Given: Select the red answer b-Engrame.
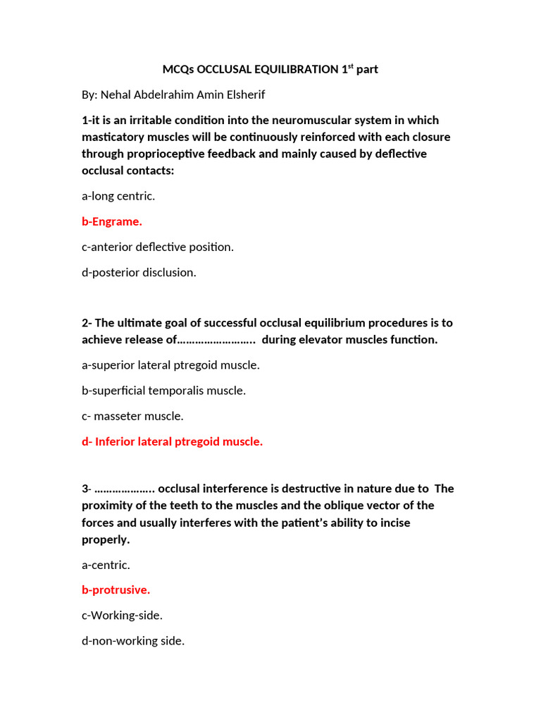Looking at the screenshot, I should click(112, 221).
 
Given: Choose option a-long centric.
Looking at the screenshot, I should click(118, 196).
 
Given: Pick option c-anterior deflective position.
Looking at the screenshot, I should click(158, 247).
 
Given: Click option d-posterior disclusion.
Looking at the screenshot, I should click(139, 272).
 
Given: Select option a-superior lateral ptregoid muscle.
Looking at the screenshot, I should click(171, 365).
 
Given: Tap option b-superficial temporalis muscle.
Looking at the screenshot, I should click(164, 391).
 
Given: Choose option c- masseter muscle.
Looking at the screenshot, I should click(133, 416).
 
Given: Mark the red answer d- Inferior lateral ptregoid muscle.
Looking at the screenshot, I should click(173, 441).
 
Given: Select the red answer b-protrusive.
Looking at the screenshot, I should click(116, 590).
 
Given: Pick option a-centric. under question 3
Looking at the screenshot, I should click(106, 565).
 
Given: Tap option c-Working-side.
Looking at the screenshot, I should click(123, 616).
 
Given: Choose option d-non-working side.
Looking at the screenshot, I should click(133, 641).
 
